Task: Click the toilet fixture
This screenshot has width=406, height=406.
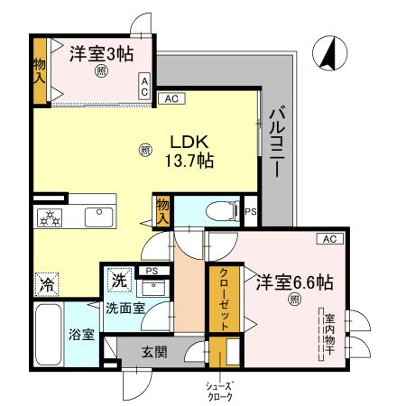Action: coord(217,211)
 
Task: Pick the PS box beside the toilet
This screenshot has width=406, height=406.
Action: coord(250,212)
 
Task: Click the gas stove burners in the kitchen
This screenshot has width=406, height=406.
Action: coord(48,217)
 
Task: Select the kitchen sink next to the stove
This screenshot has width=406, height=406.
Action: coord(97,217)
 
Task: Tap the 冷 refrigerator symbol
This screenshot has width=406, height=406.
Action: coord(47,283)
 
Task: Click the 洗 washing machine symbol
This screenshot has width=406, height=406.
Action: coord(119,280)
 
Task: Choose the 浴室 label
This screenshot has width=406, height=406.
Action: coord(82,335)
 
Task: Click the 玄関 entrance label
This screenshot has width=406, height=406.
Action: coord(154,352)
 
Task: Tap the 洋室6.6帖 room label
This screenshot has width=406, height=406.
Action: coord(293,281)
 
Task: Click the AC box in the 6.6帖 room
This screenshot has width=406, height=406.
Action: coord(328,238)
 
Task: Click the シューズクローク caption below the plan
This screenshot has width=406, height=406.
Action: coord(220,391)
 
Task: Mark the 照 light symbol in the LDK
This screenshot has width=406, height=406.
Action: coord(145,152)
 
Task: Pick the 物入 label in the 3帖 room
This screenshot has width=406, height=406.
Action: coord(40,69)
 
